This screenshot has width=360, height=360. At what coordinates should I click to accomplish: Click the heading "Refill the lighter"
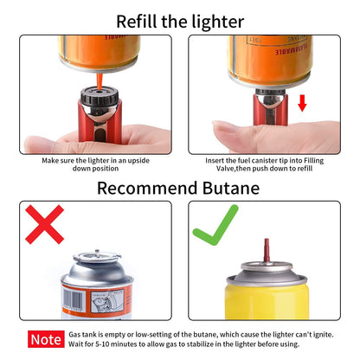click(x=180, y=20)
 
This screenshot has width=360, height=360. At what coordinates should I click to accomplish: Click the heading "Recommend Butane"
click(x=179, y=188)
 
